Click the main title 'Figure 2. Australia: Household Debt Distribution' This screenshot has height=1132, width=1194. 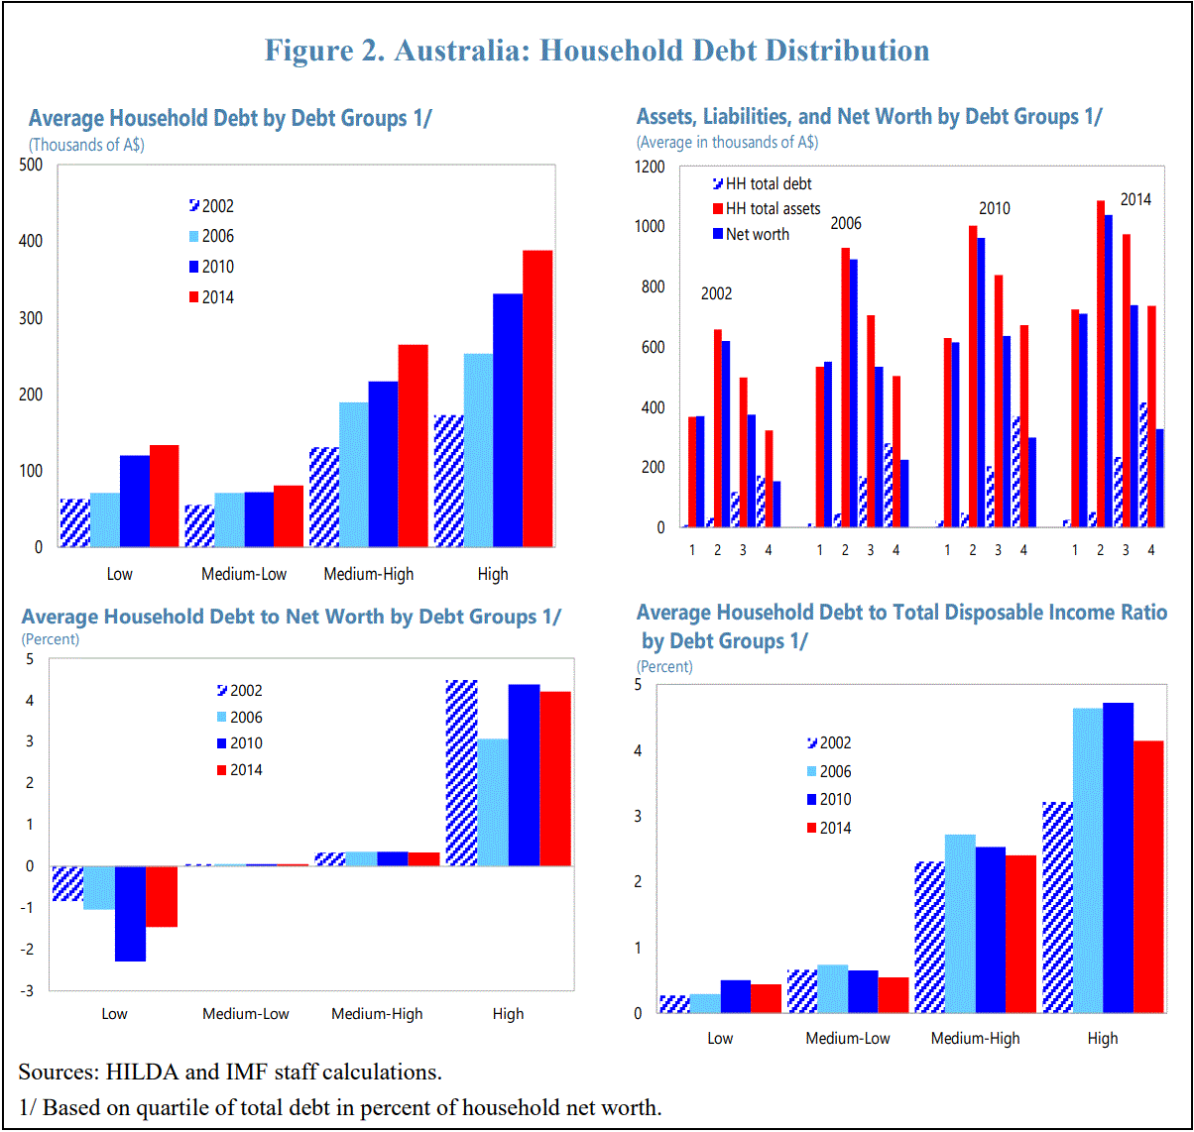pos(597,51)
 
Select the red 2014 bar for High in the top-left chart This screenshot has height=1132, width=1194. pos(537,398)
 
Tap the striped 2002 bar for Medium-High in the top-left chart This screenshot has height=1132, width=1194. pos(324,497)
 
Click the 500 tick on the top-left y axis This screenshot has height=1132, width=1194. pos(32,165)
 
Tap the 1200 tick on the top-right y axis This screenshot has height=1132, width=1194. pos(650,167)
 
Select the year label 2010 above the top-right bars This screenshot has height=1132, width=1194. pos(994,208)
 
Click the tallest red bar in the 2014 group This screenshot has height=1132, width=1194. pos(1100,364)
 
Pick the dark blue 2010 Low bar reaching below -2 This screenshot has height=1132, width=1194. pos(130,913)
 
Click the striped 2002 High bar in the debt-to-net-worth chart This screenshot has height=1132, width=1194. pos(461,772)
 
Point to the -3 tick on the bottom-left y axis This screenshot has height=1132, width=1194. pos(28,990)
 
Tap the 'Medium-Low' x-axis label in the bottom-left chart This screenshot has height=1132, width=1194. pos(246,1014)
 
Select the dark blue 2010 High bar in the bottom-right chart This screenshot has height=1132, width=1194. pos(1118,857)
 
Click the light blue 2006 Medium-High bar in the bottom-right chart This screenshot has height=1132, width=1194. pos(960,923)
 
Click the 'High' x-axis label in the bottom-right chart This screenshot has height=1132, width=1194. pos(1102,1038)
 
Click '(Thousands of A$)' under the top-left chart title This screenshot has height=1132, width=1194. pos(87,145)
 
